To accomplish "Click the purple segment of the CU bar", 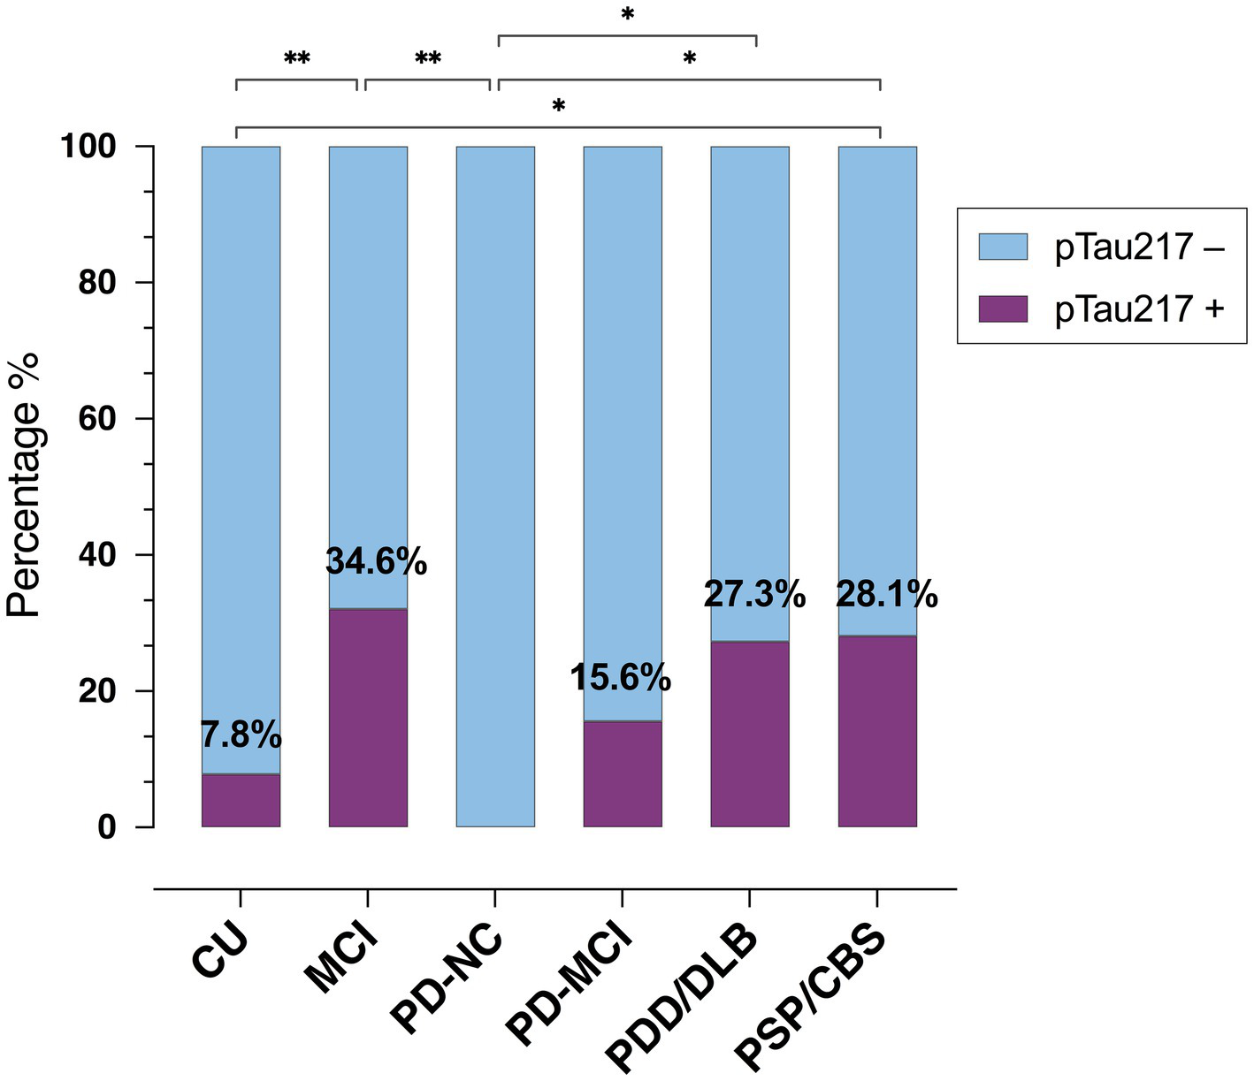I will pos(241,800).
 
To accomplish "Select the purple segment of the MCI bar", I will pos(368,717).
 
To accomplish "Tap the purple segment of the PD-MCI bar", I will pos(623,773).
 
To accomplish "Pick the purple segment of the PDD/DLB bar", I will pos(750,734).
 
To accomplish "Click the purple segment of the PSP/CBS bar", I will pos(877,731).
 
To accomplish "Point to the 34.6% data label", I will pos(377,561).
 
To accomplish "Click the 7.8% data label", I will pos(241,735).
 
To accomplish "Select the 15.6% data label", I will pos(620,678).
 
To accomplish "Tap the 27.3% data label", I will pos(754,595).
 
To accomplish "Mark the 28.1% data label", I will pos(887,595).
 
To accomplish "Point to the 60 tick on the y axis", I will pos(96,418).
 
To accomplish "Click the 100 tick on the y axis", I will pos(88,147).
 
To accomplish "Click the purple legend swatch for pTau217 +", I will pos(1003,308).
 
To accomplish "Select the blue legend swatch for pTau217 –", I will pos(1003,247).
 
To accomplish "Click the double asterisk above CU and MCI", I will pos(297,60).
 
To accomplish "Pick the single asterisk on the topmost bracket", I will pos(628,15).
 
